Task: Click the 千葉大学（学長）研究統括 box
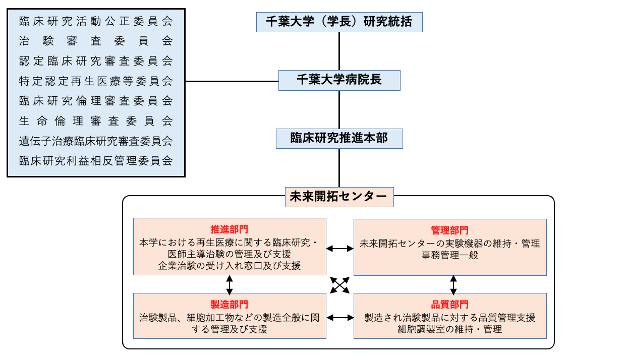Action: (339, 22)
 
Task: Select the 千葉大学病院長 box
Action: (339, 80)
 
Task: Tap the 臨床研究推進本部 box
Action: (339, 138)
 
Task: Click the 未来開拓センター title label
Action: (339, 197)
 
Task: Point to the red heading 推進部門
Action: (230, 229)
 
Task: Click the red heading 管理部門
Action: (449, 230)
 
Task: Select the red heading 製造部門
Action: (230, 305)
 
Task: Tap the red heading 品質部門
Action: (449, 305)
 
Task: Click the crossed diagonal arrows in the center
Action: (340, 285)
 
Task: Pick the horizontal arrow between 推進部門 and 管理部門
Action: (339, 248)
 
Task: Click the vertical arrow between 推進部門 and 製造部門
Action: (230, 284)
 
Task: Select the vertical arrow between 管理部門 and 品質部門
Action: (453, 284)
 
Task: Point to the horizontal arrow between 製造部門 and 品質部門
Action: (339, 318)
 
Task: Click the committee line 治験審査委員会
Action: (96, 41)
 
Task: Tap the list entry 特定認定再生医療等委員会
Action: (96, 81)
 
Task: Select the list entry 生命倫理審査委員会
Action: (96, 121)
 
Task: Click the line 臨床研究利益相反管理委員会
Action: (96, 161)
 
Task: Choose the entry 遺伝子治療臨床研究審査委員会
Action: (96, 141)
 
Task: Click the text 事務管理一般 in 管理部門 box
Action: (450, 255)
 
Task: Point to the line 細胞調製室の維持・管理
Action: (450, 330)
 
